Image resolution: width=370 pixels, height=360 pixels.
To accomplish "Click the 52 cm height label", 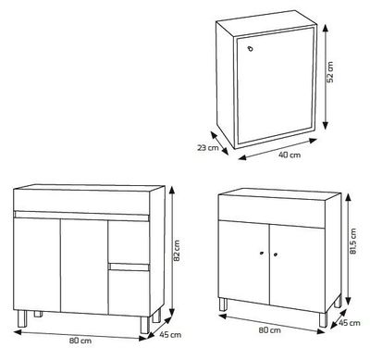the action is [330, 72].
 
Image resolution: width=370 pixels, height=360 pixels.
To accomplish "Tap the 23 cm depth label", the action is [208, 148].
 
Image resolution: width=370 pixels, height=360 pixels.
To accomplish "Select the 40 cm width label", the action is [290, 155].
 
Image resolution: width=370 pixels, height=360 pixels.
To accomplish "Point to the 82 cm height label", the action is [177, 250].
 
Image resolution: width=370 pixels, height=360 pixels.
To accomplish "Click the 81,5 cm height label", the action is [352, 242].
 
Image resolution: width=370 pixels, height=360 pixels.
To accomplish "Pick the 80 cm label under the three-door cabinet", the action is [80, 341].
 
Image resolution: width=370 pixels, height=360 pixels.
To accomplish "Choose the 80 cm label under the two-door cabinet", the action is [270, 330].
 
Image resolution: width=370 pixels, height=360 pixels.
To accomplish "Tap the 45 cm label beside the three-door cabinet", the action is [170, 335].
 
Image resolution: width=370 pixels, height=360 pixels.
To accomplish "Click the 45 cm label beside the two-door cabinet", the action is [350, 323].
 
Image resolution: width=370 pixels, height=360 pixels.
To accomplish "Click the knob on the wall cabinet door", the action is [251, 49].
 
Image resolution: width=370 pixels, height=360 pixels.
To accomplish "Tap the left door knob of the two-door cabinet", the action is [262, 254].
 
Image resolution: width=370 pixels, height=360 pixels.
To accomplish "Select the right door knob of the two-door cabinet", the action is [276, 254].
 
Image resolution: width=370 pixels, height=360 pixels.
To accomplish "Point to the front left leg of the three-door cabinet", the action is [22, 318].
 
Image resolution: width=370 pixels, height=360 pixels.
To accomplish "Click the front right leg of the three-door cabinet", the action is [144, 325].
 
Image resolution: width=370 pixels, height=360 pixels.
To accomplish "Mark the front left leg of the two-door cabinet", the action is [223, 304].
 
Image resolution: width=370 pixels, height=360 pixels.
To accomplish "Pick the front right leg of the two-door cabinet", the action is [323, 320].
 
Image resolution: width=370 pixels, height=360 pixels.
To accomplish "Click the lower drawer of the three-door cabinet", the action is [129, 290].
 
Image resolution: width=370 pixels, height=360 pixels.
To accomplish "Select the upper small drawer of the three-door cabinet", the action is [129, 242].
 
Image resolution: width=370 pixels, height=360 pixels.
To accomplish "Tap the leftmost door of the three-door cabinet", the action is [37, 265].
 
